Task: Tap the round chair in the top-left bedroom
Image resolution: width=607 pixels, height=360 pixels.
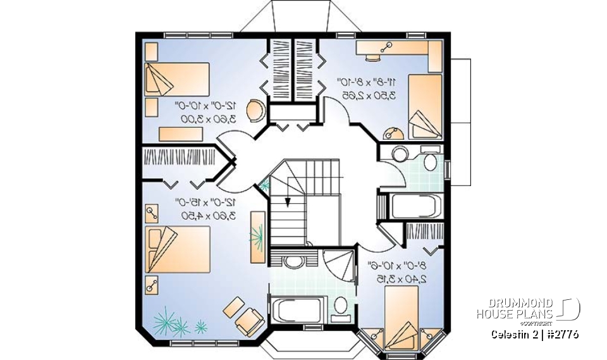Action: coord(254,110)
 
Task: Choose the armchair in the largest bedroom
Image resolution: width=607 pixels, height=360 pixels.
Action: coord(248,320)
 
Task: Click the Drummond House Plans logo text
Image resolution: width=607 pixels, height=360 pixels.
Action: coord(515,308)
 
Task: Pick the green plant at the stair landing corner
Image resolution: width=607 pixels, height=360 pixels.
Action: coord(264,184)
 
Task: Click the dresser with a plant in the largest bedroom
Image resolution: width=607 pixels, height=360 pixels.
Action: coord(258,235)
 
